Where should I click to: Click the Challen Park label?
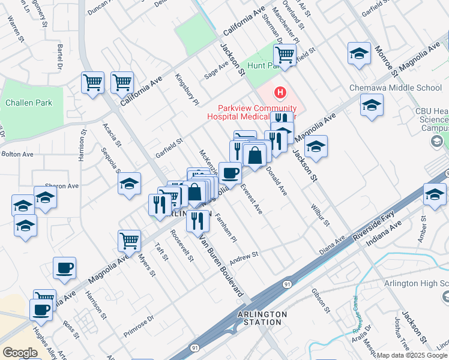pyautogui.click(x=28, y=103)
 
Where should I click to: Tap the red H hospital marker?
pyautogui.click(x=279, y=92)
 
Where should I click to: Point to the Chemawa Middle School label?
pyautogui.click(x=396, y=88)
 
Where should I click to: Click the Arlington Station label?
pyautogui.click(x=262, y=318)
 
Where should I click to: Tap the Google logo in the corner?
pyautogui.click(x=20, y=353)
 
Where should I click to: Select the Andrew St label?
pyautogui.click(x=243, y=256)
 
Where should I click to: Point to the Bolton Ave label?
pyautogui.click(x=17, y=154)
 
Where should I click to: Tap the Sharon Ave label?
pyautogui.click(x=62, y=186)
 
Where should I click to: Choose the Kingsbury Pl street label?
pyautogui.click(x=187, y=89)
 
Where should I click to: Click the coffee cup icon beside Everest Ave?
pyautogui.click(x=230, y=173)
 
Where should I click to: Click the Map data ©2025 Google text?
pyautogui.click(x=412, y=355)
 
